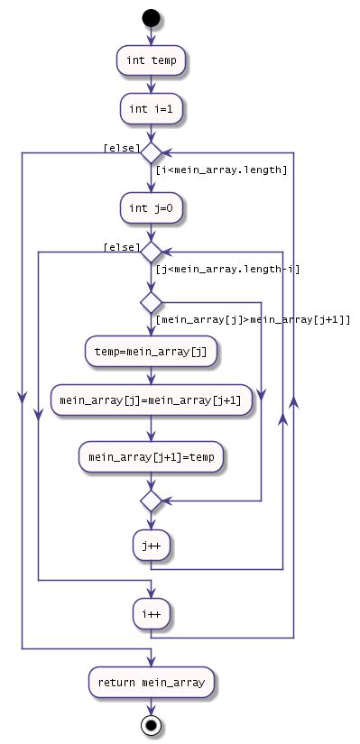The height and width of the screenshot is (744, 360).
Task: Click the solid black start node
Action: click(151, 17)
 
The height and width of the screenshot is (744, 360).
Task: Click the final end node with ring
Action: click(151, 724)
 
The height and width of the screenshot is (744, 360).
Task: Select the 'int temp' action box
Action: click(151, 60)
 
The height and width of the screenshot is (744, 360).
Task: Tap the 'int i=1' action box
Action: click(151, 109)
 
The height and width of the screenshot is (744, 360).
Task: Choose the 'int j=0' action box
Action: click(151, 207)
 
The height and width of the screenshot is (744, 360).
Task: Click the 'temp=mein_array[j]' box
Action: click(151, 349)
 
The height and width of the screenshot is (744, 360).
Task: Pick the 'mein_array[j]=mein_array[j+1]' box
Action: click(151, 400)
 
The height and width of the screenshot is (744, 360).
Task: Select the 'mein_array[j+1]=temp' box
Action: click(151, 457)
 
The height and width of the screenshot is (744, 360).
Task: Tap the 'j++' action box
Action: click(151, 544)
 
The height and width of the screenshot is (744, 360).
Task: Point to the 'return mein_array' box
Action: click(151, 681)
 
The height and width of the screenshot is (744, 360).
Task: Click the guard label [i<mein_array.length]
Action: click(221, 170)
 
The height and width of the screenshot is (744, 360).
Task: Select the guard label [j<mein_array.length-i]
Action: click(227, 268)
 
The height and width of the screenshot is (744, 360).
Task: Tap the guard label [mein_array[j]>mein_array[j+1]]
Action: click(253, 318)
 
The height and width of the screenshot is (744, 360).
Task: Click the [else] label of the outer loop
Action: click(121, 146)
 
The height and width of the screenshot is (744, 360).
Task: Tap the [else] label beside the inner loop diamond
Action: click(121, 244)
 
